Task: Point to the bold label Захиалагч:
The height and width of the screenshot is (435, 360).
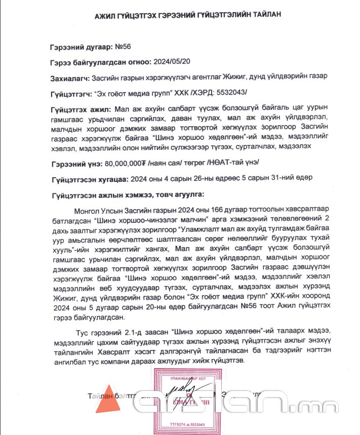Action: (70, 77)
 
